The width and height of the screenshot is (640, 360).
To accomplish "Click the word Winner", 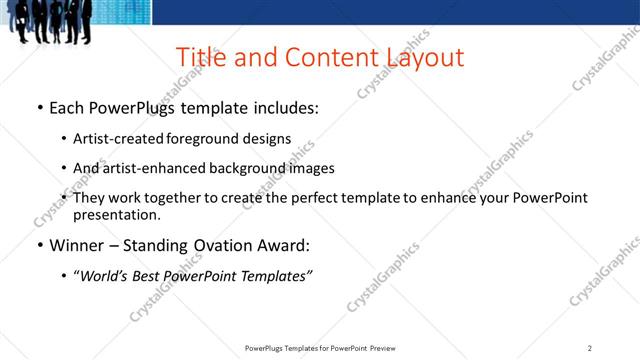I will [x=76, y=245].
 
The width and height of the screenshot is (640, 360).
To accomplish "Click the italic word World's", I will [x=106, y=276].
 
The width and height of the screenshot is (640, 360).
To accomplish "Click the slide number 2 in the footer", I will [x=590, y=348].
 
